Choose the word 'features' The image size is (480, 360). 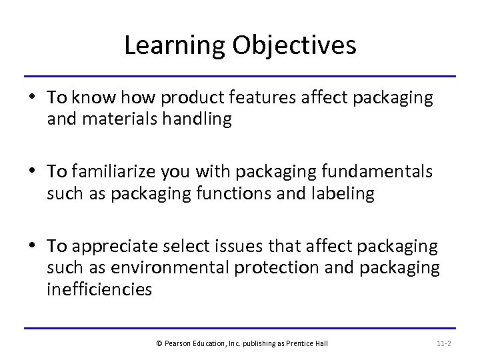click(254, 98)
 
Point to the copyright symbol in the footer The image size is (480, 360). click(159, 343)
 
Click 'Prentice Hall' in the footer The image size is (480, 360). click(311, 343)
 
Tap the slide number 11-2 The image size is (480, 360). click(444, 343)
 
